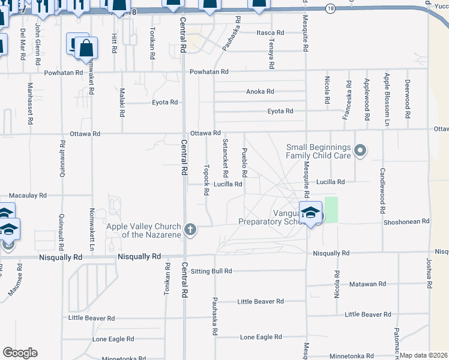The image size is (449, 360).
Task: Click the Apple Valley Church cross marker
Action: click(190, 229)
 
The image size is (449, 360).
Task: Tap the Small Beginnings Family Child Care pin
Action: click(360, 150)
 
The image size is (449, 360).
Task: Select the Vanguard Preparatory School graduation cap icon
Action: click(311, 213)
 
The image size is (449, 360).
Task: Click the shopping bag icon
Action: click(86, 48)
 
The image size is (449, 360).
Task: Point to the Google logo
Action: click(20, 353)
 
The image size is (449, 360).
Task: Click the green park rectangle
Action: click(331, 209)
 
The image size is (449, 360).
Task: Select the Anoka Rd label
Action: click(260, 92)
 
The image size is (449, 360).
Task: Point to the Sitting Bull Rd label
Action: click(211, 271)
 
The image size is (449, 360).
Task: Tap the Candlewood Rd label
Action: click(382, 192)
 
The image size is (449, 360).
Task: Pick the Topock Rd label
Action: click(206, 180)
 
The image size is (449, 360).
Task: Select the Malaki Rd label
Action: click(121, 98)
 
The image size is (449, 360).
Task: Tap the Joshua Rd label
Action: click(429, 272)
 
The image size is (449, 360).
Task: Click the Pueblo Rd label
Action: click(244, 163)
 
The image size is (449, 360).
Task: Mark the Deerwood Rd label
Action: click(407, 94)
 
